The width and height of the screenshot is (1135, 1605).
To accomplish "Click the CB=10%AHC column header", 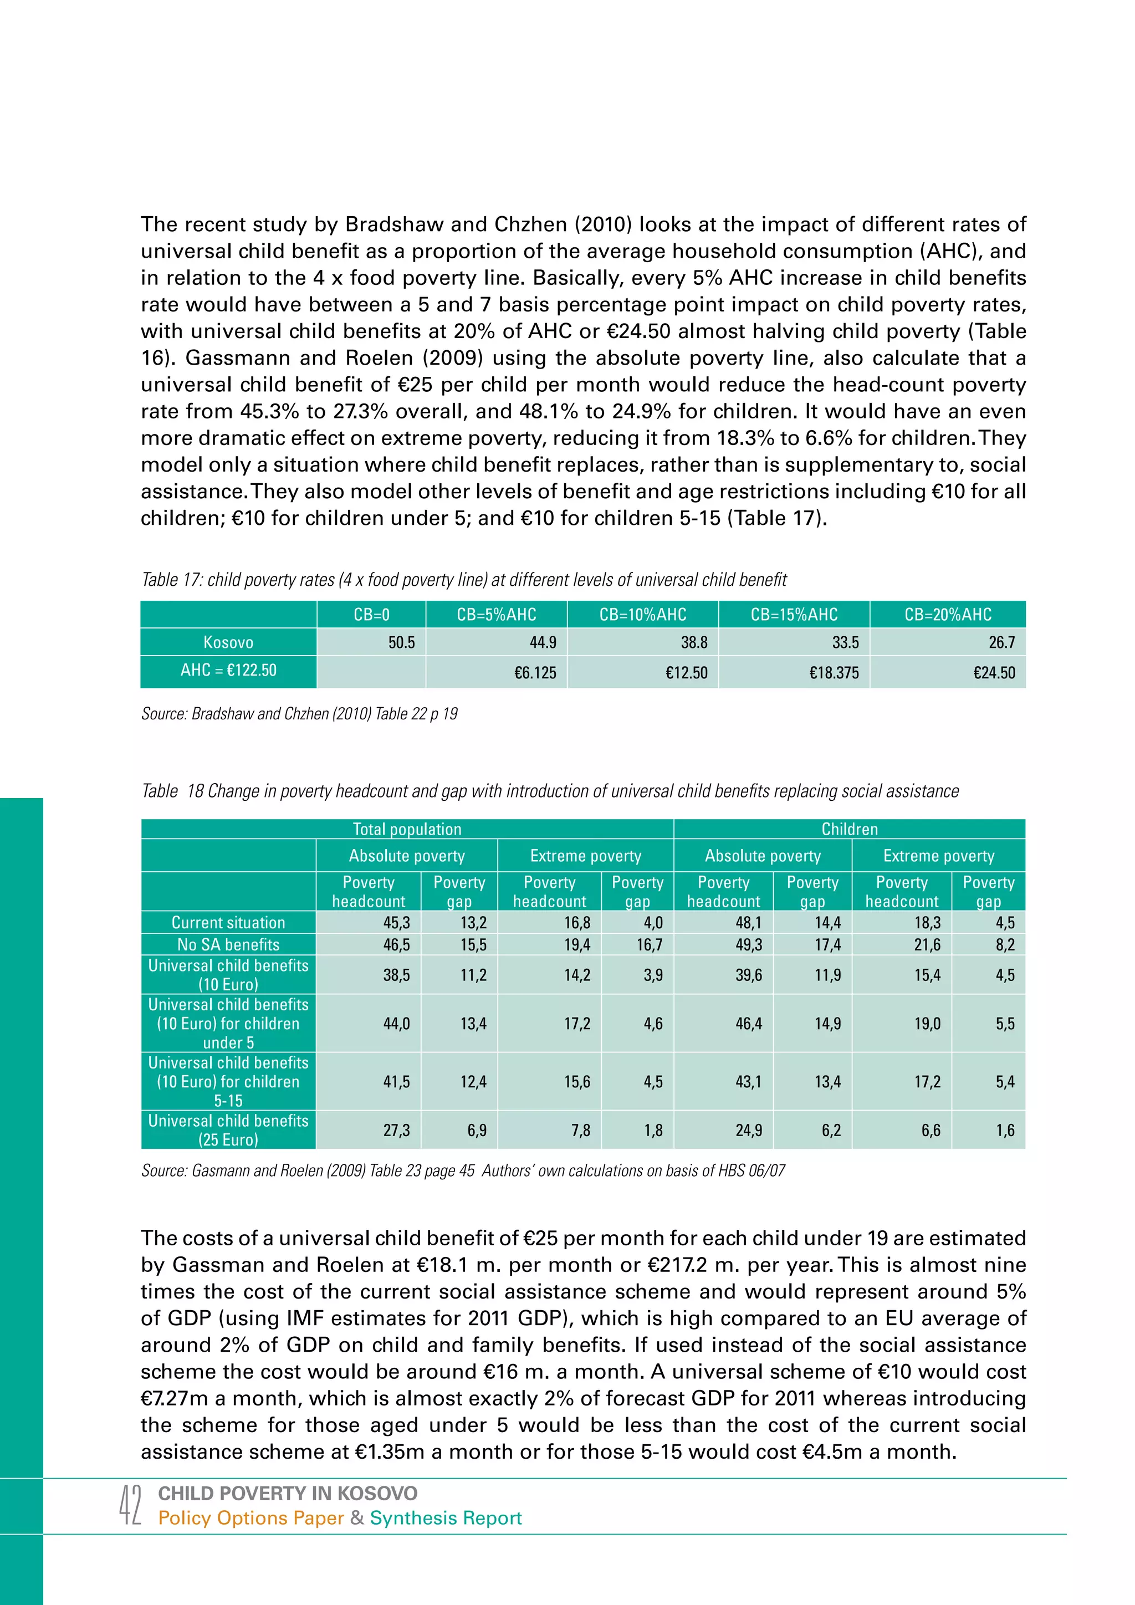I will click(642, 615).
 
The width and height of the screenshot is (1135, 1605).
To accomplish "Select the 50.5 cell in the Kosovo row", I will click(401, 642).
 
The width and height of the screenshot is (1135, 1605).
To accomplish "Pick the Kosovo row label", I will click(228, 642).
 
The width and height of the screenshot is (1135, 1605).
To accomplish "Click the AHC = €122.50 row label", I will click(228, 671).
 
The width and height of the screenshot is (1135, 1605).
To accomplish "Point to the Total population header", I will click(407, 829).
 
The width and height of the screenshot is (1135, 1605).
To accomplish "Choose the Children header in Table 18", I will click(849, 829).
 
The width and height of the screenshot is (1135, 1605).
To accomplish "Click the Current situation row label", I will click(228, 923).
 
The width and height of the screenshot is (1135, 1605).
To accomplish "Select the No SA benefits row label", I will click(228, 944).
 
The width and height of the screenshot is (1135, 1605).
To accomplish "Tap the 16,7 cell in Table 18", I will click(650, 945).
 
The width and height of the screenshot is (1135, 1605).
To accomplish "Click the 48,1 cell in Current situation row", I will click(749, 923).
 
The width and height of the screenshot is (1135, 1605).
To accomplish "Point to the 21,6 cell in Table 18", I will click(927, 945).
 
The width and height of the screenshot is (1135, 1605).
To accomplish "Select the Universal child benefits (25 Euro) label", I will click(228, 1129).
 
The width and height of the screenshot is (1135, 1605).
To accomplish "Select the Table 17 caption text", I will click(464, 580).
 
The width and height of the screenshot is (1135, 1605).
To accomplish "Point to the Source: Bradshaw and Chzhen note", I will click(299, 714).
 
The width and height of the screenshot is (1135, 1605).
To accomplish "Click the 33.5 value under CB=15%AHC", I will click(846, 642).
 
